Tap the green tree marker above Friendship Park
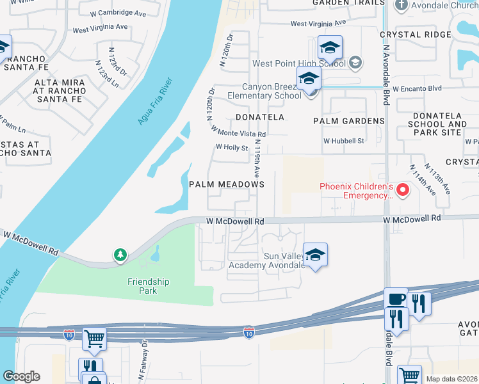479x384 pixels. click(120, 255)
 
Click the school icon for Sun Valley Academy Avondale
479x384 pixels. click(315, 255)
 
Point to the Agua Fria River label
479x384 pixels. click(154, 101)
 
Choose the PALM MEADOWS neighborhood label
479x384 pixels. click(227, 184)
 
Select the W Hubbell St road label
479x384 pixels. click(343, 141)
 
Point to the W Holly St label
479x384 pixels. click(231, 147)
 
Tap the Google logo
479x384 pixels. click(21, 376)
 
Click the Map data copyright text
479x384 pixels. click(451, 379)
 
